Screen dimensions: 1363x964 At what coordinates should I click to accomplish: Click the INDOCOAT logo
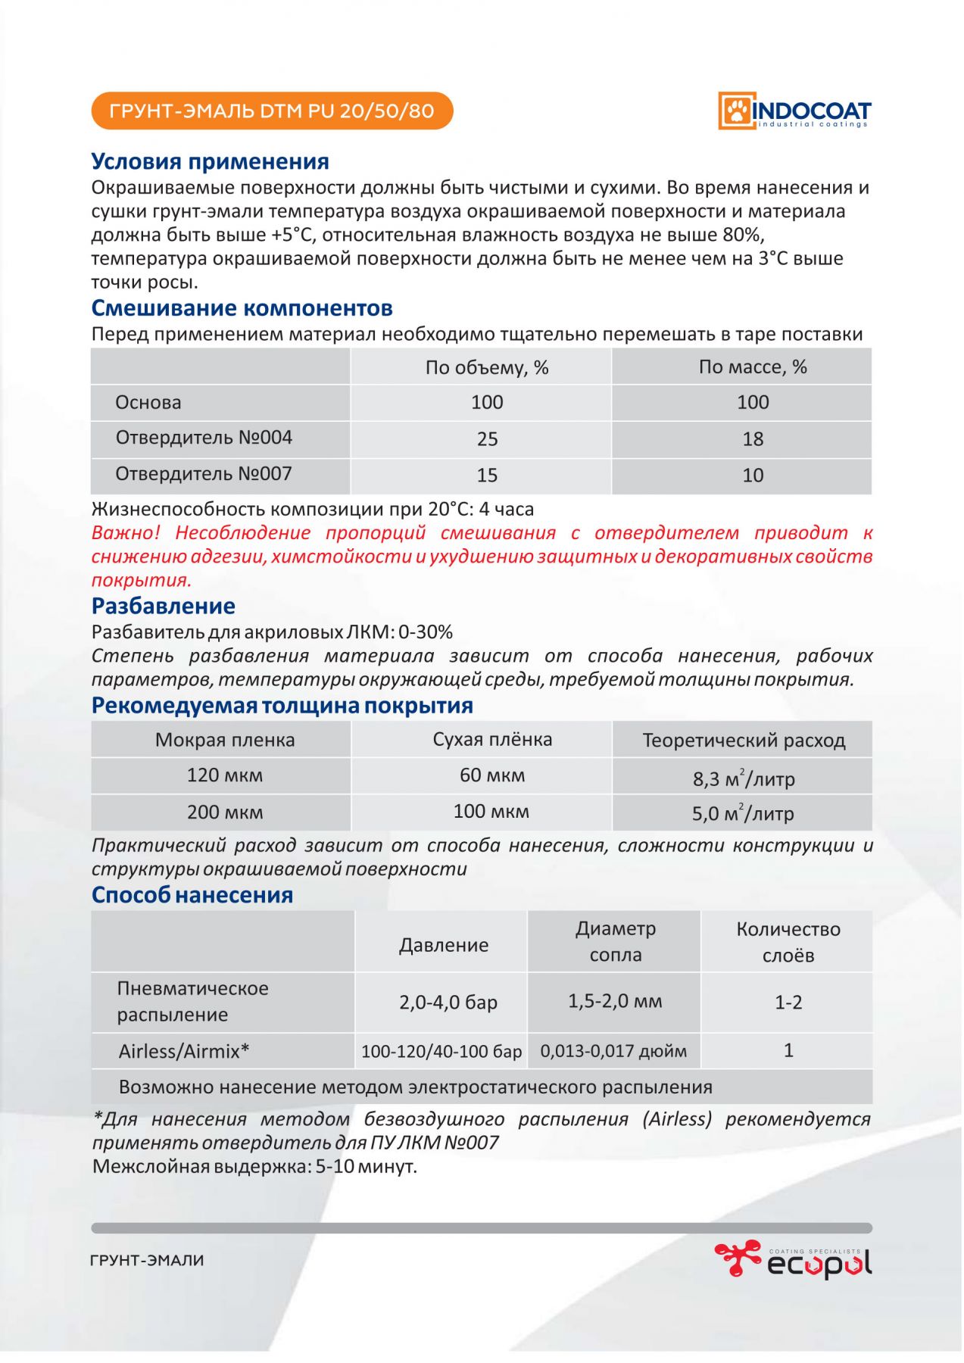(794, 111)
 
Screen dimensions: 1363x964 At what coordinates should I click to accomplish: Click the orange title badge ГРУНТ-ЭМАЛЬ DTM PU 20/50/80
(272, 111)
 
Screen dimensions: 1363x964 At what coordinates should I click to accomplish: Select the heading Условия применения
(210, 161)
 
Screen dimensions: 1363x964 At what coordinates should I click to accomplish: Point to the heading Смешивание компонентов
(242, 308)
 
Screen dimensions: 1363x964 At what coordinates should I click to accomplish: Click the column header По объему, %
(486, 368)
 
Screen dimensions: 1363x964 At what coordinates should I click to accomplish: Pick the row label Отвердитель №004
(203, 438)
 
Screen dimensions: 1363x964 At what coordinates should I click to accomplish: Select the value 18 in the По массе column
(752, 439)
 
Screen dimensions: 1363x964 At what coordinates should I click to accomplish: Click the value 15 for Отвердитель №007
(487, 476)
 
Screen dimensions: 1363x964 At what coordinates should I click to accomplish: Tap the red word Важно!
(126, 533)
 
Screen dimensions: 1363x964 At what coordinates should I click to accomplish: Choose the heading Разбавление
(163, 607)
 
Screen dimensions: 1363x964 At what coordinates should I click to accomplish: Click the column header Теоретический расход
(743, 741)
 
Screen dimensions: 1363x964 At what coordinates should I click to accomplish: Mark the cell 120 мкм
(224, 776)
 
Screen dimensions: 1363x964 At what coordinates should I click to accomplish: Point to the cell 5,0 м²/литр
(742, 814)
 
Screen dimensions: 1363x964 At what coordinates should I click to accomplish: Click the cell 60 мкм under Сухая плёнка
(491, 776)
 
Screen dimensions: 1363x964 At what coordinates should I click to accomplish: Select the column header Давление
(444, 945)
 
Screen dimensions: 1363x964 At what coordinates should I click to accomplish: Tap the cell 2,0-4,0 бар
(448, 1003)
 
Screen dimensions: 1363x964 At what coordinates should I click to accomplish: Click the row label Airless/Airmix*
(184, 1052)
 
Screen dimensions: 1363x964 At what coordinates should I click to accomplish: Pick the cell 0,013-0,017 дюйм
(613, 1052)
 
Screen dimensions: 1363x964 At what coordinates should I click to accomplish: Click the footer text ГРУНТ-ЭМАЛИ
(147, 1261)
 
